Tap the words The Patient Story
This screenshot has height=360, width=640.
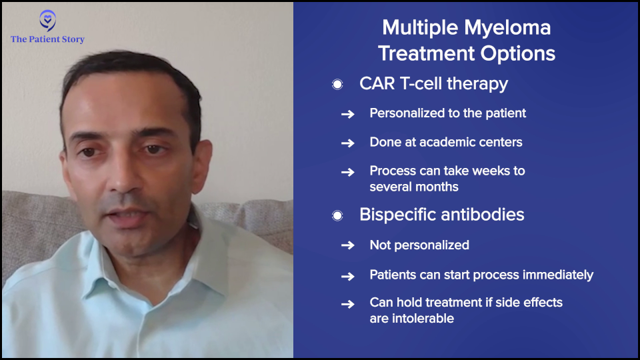click(48, 39)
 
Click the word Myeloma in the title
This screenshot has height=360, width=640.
click(507, 29)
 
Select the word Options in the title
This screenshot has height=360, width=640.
click(518, 53)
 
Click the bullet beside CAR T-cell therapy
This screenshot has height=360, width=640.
click(337, 85)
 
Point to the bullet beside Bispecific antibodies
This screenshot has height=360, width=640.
click(337, 215)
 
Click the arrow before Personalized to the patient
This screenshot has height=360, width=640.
click(348, 114)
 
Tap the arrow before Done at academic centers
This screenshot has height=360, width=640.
click(348, 143)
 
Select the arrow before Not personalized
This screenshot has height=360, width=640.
click(348, 245)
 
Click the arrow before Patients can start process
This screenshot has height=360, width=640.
click(348, 277)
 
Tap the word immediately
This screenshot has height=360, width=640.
click(558, 275)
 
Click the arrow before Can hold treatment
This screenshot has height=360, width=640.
click(348, 305)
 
